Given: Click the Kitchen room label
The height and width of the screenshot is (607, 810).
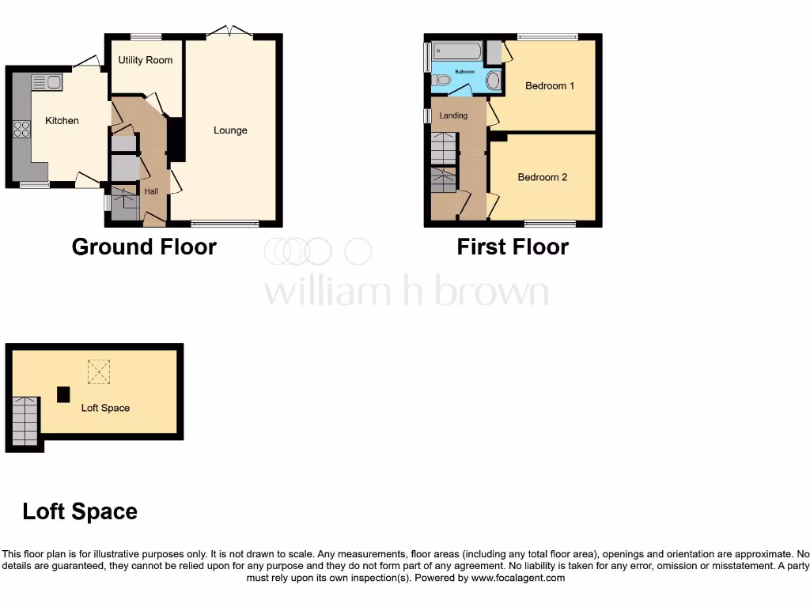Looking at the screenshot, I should click(62, 121).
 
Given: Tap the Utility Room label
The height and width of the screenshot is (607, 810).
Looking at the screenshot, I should click(146, 60).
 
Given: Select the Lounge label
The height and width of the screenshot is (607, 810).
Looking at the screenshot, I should click(230, 130).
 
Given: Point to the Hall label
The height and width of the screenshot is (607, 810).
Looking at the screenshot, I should click(151, 191).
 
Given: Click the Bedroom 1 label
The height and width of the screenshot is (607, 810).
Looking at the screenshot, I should click(550, 85).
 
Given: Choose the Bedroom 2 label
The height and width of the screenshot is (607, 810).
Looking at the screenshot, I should click(543, 177).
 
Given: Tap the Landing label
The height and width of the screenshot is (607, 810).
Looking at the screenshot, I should click(453, 115).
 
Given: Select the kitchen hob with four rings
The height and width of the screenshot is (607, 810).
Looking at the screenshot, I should click(21, 128).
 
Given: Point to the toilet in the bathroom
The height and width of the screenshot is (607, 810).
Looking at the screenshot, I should click(441, 80).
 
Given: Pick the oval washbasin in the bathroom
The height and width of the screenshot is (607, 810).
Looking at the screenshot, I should click(493, 80).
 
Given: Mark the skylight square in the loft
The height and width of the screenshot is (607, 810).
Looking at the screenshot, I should click(99, 371).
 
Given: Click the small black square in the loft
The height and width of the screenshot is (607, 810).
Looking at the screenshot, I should click(62, 394).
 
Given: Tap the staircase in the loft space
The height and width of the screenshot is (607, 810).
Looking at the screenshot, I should click(25, 420).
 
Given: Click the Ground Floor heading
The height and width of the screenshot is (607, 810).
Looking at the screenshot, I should click(144, 247).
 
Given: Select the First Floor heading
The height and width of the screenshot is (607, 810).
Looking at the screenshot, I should click(513, 247).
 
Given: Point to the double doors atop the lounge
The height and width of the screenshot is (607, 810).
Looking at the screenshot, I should click(230, 32).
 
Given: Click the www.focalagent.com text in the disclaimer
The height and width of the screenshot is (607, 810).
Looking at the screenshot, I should click(519, 578).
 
